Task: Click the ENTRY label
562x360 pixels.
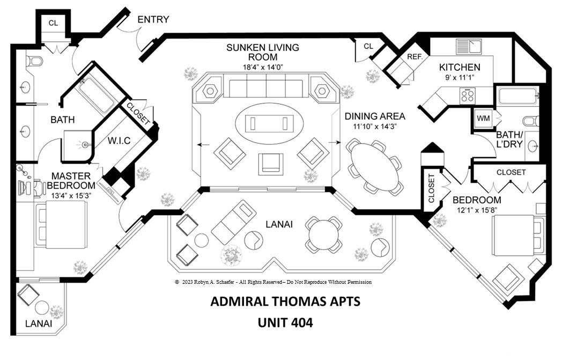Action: [x=153, y=19]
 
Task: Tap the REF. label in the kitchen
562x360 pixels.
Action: [x=415, y=57]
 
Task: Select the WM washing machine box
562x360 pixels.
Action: [x=484, y=118]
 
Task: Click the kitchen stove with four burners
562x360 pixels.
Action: [x=468, y=95]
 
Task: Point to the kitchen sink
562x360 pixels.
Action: [x=469, y=46]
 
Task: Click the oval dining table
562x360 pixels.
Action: [x=374, y=167]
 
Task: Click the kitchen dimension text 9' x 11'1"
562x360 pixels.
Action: [x=460, y=77]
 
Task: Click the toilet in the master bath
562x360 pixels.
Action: [x=34, y=61]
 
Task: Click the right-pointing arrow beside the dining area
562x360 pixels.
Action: [x=335, y=143]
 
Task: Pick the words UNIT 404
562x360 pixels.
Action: [x=285, y=322]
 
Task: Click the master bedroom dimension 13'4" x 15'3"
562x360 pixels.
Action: [x=71, y=196]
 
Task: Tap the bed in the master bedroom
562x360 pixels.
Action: [x=61, y=224]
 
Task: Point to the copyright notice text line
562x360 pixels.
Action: [x=273, y=282]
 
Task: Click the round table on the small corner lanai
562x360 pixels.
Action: [x=42, y=307]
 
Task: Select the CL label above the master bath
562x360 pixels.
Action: [x=53, y=23]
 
